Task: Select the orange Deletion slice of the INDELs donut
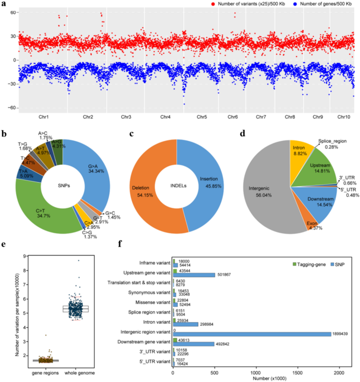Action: pyautogui.click(x=153, y=189)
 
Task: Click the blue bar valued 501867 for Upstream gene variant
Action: pyautogui.click(x=194, y=274)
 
